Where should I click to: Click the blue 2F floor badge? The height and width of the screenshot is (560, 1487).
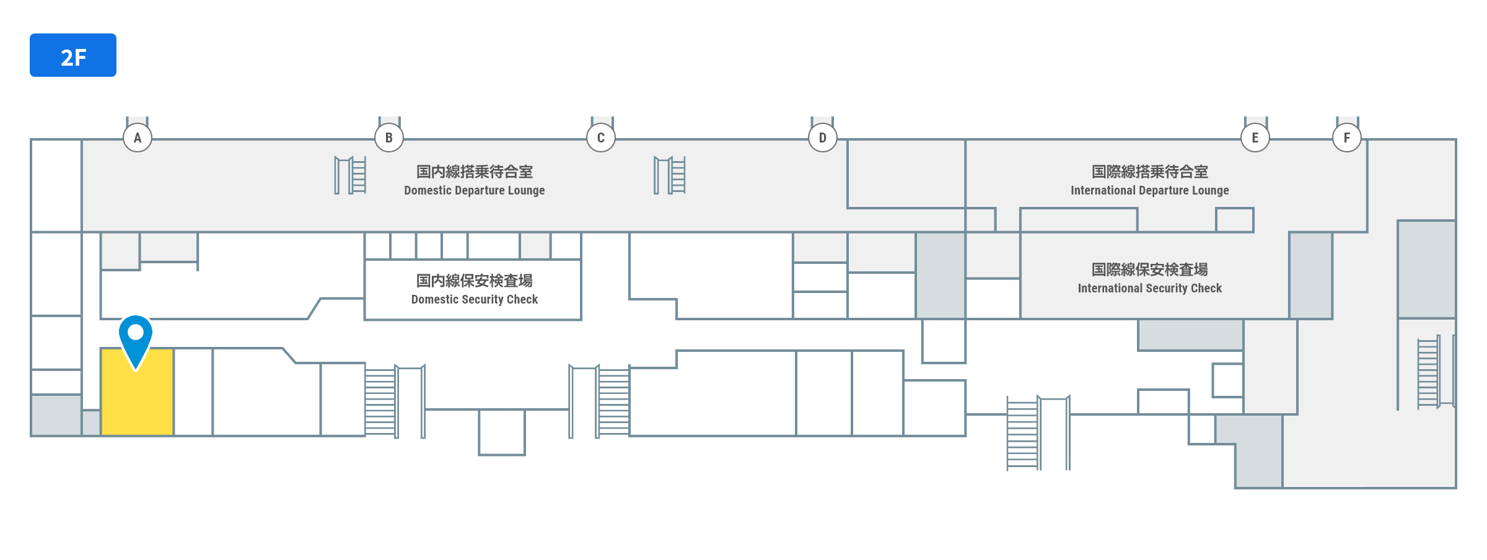pos(73,55)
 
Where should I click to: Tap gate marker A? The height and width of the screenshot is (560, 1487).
pos(138,138)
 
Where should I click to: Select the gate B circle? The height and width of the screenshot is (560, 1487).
pos(389,138)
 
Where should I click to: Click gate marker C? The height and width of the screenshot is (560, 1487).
pos(601,138)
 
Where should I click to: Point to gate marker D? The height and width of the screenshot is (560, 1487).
pos(823,138)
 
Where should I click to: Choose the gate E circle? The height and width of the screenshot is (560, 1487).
pos(1255,138)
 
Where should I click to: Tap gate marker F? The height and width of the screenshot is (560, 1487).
pos(1347,138)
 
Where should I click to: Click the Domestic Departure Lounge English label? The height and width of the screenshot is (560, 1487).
pos(475,191)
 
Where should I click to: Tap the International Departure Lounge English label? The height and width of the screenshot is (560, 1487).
pos(1150,191)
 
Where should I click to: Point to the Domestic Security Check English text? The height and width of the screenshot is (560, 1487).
pos(475,300)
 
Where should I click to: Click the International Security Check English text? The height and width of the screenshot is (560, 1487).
pos(1150,289)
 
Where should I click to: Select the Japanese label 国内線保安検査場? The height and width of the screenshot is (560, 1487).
pos(475,281)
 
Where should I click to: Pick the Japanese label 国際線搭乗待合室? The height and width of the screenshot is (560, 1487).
pos(1150,172)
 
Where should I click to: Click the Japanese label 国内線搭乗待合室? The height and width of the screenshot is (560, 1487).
pos(475,172)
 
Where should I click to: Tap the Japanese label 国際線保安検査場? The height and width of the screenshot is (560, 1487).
pos(1150,269)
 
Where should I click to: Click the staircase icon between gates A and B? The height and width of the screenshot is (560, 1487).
pos(351,175)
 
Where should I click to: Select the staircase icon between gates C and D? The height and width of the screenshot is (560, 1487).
pos(670,175)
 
